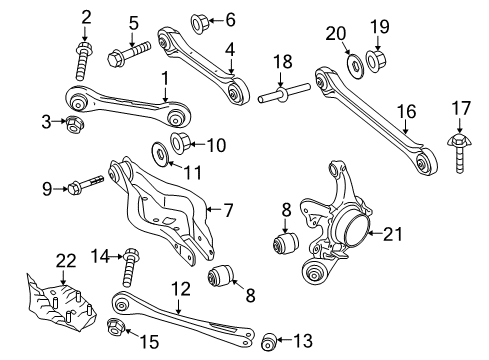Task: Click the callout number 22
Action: (x=66, y=261)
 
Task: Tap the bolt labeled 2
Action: (x=83, y=61)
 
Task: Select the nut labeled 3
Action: (x=74, y=124)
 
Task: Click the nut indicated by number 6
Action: (x=199, y=23)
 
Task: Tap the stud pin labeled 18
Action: (x=284, y=93)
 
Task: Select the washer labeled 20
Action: (x=355, y=65)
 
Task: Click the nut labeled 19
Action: (x=376, y=61)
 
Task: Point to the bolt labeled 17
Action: (x=459, y=152)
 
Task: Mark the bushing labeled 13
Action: (x=269, y=341)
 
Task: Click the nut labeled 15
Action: (x=116, y=327)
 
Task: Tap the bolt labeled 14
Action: (x=129, y=267)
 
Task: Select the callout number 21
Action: (x=393, y=234)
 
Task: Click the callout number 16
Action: (x=407, y=111)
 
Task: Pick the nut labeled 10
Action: (x=180, y=142)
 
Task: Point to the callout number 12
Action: (x=181, y=289)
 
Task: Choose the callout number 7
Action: (x=228, y=210)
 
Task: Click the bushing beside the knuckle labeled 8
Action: (x=286, y=242)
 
